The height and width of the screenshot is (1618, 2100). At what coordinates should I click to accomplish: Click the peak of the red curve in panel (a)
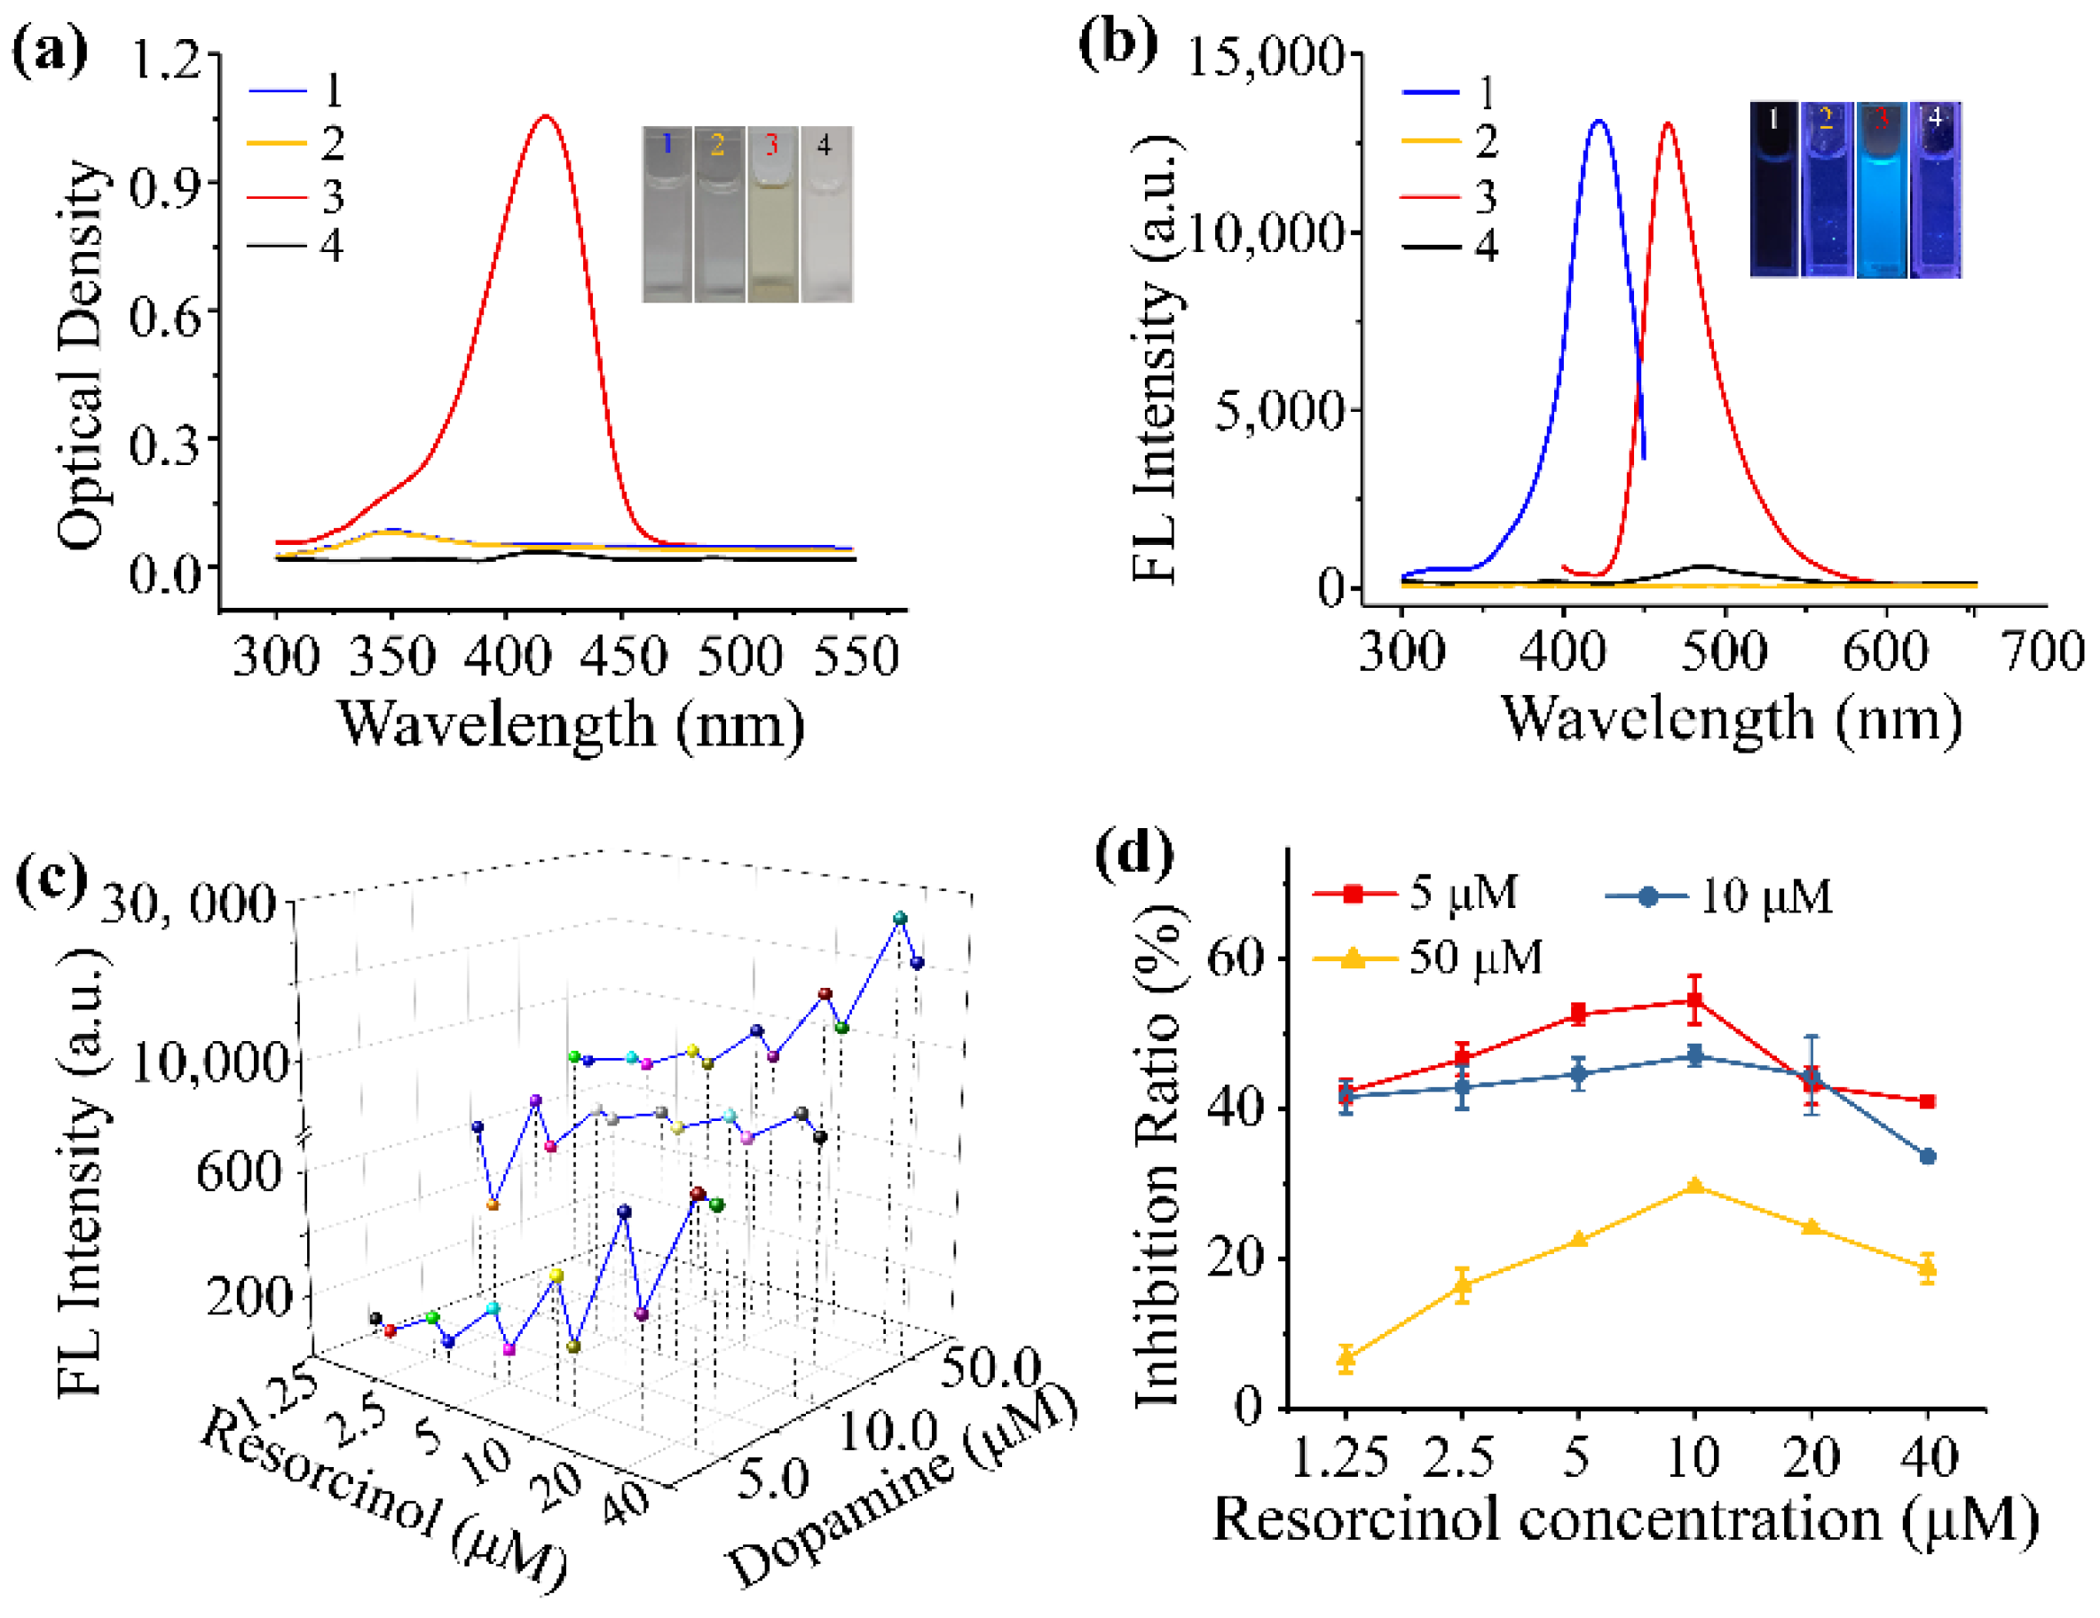[x=545, y=117]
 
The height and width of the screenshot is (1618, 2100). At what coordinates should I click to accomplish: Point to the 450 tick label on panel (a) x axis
[x=622, y=658]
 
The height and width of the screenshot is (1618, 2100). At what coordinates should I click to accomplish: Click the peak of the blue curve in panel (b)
[x=1598, y=122]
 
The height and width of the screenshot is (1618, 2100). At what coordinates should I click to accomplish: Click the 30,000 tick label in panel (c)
[x=188, y=904]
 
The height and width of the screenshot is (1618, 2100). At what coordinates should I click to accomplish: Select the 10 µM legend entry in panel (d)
[x=1720, y=897]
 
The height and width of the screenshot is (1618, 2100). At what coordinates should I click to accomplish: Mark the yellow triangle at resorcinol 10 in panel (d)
[x=1695, y=1186]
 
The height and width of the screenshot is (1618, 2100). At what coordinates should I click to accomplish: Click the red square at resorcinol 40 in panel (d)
[x=1927, y=1101]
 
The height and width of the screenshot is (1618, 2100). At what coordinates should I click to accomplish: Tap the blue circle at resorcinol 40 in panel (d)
[x=1927, y=1156]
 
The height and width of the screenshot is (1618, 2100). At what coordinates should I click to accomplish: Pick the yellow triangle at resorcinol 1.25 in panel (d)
[x=1346, y=1357]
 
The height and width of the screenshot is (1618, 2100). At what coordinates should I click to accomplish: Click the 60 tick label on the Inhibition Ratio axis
[x=1234, y=959]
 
